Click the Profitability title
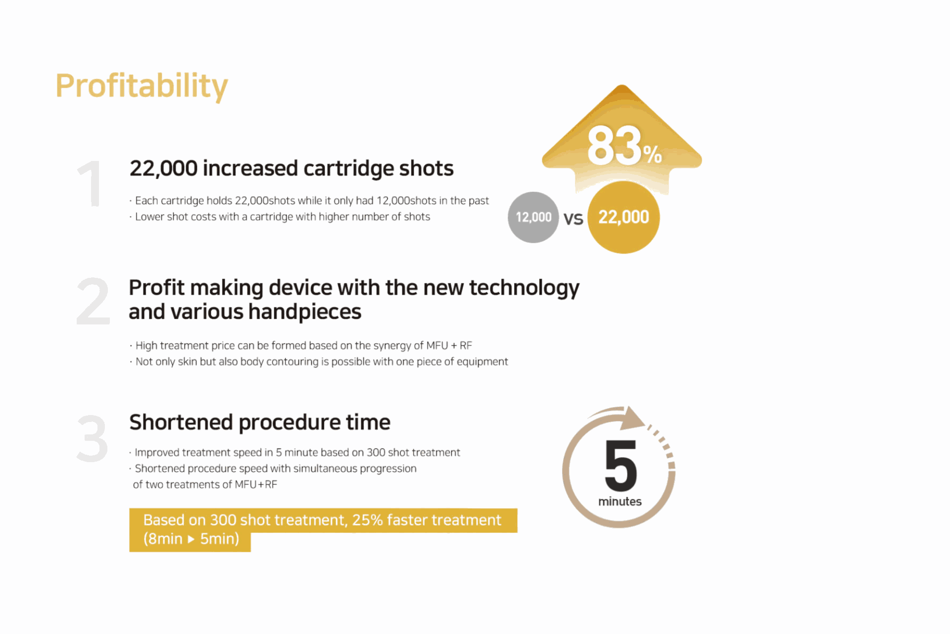pos(142,86)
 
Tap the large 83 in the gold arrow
pos(614,146)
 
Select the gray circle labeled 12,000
pos(533,217)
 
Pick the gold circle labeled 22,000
pos(623,217)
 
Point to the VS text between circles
pos(573,218)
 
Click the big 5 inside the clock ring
pos(620,465)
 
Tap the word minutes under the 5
pos(619,502)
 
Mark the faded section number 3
pos(93,438)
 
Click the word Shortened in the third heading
pos(181,423)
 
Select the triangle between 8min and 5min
pos(191,539)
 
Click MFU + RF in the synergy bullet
pos(449,345)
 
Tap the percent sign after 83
pos(652,155)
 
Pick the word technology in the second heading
pos(524,288)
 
